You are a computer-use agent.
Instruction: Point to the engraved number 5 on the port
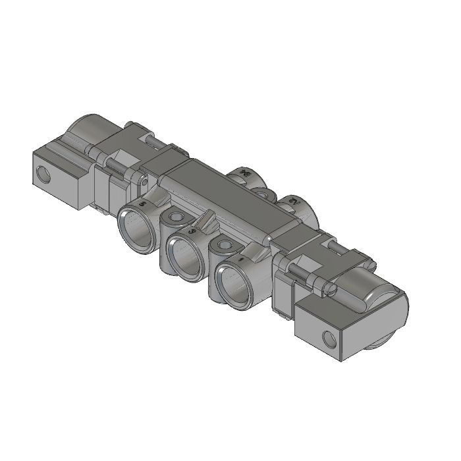click(146, 205)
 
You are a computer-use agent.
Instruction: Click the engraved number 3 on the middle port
click(192, 231)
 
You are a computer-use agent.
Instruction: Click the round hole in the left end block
click(45, 175)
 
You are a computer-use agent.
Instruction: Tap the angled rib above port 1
click(254, 251)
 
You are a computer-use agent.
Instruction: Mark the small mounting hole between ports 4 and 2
click(265, 194)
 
